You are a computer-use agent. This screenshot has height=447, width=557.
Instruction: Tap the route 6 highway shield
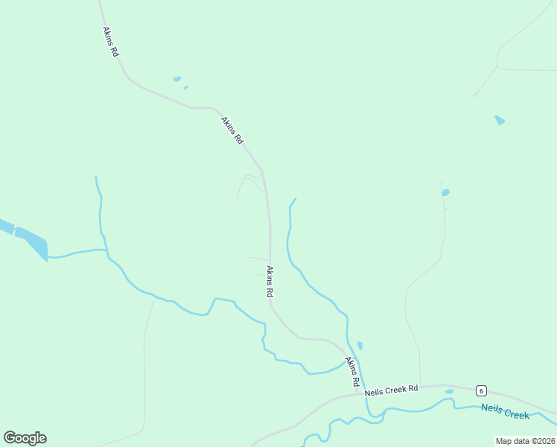[x=482, y=391]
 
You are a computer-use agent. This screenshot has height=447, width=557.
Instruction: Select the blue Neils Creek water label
[x=504, y=410]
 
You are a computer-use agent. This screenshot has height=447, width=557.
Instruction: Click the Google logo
[x=25, y=438]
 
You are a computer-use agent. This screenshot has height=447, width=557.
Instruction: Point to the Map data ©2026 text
[x=525, y=441]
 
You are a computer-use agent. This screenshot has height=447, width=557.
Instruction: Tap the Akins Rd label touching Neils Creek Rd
[x=352, y=371]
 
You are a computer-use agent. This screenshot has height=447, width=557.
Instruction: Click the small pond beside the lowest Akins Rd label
[x=360, y=346]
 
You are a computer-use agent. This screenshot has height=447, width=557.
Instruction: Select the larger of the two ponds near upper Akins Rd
[x=177, y=78]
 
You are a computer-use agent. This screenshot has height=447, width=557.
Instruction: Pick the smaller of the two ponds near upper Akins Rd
[x=185, y=87]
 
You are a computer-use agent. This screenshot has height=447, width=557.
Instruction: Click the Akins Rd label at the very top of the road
[x=110, y=42]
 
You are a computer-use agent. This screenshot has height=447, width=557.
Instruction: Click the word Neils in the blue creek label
[x=491, y=408]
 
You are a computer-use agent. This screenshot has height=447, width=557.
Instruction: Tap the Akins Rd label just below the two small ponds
[x=232, y=130]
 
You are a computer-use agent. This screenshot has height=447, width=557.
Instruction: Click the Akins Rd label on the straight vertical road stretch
[x=270, y=282]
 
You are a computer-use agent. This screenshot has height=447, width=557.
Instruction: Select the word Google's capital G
[x=10, y=438]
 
